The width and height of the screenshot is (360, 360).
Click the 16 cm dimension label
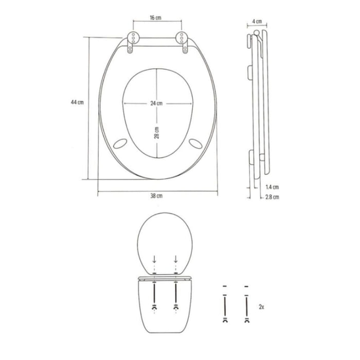pyautogui.click(x=155, y=17)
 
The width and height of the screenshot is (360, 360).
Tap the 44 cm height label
pyautogui.click(x=77, y=102)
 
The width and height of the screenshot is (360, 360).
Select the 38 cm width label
pyautogui.click(x=156, y=196)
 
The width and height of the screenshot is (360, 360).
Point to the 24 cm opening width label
pyautogui.click(x=156, y=103)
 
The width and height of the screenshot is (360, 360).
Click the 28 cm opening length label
pyautogui.click(x=156, y=133)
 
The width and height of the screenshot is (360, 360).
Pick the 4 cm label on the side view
pyautogui.click(x=257, y=22)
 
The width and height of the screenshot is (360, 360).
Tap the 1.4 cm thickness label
pyautogui.click(x=272, y=187)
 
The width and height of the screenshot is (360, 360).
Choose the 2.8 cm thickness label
pyautogui.click(x=272, y=197)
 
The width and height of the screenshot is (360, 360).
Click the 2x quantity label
pyautogui.click(x=261, y=307)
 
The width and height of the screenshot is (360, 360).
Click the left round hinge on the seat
pyautogui.click(x=133, y=37)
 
